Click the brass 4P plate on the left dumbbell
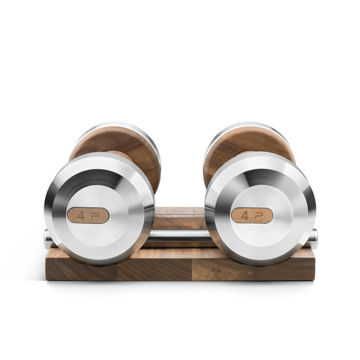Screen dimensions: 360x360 [x=88, y=215]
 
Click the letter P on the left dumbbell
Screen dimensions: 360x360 [x=96, y=215]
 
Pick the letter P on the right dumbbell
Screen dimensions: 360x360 [x=260, y=215]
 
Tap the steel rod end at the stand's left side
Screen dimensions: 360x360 [x=48, y=239]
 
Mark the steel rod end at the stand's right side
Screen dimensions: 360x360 [x=313, y=239]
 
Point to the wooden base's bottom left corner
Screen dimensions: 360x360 [x=47, y=278]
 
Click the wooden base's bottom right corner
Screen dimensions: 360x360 [x=314, y=278]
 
